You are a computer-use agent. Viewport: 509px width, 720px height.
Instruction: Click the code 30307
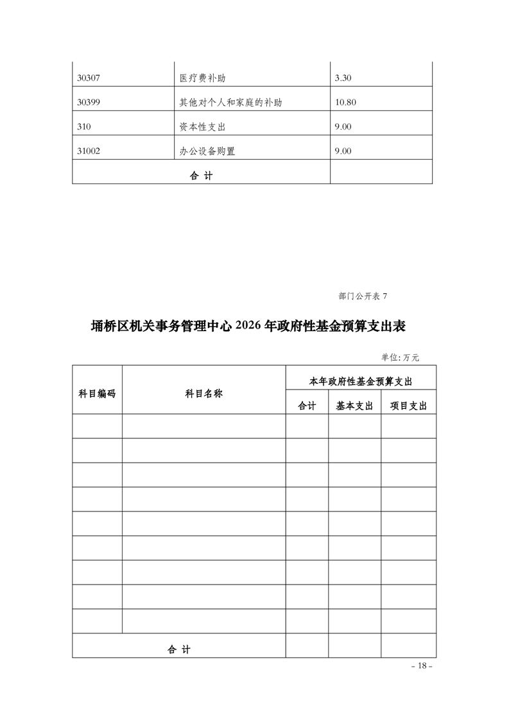pyautogui.click(x=89, y=78)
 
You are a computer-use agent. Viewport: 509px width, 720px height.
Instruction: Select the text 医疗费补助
pyautogui.click(x=203, y=78)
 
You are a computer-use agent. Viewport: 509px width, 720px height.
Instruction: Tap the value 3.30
pyautogui.click(x=343, y=78)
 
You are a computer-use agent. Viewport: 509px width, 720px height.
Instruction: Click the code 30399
pyautogui.click(x=89, y=103)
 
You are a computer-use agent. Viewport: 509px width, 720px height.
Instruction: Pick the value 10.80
pyautogui.click(x=345, y=103)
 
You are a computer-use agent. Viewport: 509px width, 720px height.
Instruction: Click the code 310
pyautogui.click(x=83, y=127)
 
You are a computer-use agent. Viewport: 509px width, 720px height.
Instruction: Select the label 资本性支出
pyautogui.click(x=203, y=127)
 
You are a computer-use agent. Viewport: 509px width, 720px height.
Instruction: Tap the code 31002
pyautogui.click(x=89, y=151)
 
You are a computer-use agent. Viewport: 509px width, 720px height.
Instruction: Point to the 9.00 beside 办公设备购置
pyautogui.click(x=343, y=151)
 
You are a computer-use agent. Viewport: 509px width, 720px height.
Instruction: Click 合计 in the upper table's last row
pyautogui.click(x=201, y=176)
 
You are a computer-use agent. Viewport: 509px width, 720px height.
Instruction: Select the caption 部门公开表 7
pyautogui.click(x=363, y=296)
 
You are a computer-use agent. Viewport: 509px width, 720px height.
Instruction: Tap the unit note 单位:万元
pyautogui.click(x=400, y=357)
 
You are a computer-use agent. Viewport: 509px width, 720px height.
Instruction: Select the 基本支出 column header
pyautogui.click(x=354, y=406)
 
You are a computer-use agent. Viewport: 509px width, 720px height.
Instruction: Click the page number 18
pyautogui.click(x=422, y=665)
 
